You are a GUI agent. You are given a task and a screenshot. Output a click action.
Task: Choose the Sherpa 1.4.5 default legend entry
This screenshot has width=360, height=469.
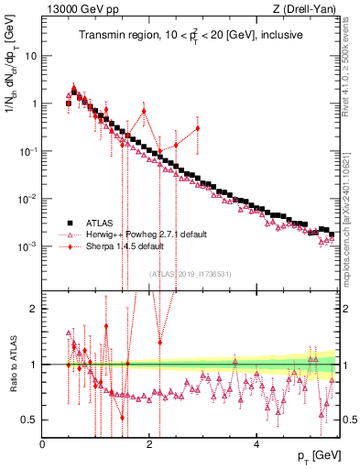click(128, 245)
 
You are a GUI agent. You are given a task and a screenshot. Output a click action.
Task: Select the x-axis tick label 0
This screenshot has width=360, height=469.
click(43, 444)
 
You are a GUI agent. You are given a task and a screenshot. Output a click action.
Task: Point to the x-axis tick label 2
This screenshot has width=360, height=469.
click(150, 444)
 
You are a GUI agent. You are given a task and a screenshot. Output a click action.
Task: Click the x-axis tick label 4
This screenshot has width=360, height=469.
click(257, 444)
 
